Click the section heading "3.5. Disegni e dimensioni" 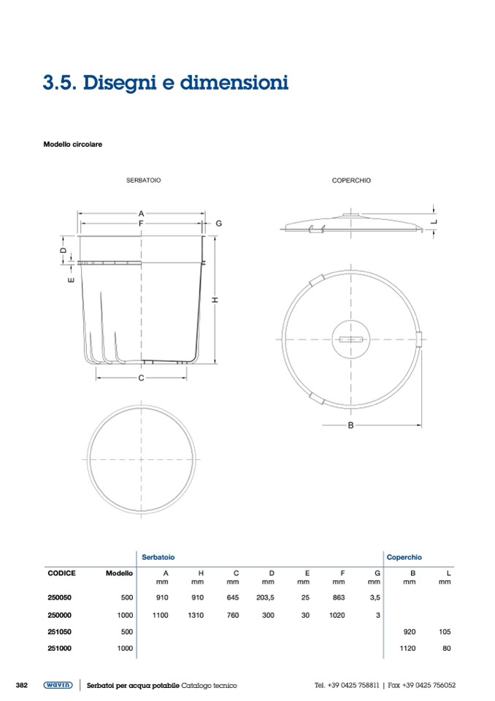[x=166, y=83]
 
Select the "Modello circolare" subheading [x=73, y=145]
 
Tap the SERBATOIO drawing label [x=143, y=180]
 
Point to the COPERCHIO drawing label [x=351, y=180]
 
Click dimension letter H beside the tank [x=215, y=300]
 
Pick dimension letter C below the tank [x=141, y=378]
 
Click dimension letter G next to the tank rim [x=219, y=223]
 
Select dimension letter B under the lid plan [x=351, y=425]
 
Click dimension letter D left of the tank [x=64, y=250]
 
